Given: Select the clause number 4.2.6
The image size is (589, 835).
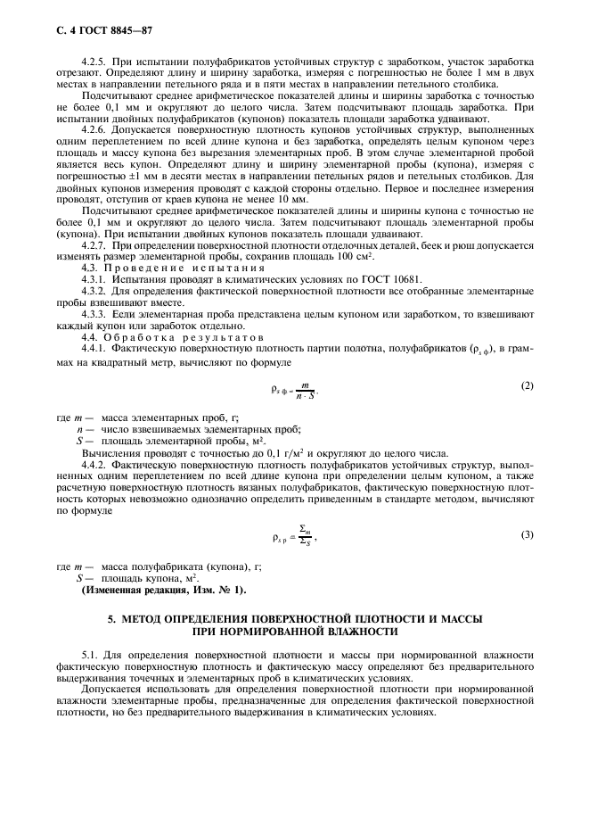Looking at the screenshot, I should [x=93, y=129].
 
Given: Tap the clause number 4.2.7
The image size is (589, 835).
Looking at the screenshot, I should [x=93, y=244].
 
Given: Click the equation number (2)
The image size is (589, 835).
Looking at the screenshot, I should [x=526, y=384].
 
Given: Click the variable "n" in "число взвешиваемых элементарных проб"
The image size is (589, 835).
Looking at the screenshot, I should [x=79, y=429].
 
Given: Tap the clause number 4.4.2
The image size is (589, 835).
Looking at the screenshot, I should [x=93, y=465].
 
